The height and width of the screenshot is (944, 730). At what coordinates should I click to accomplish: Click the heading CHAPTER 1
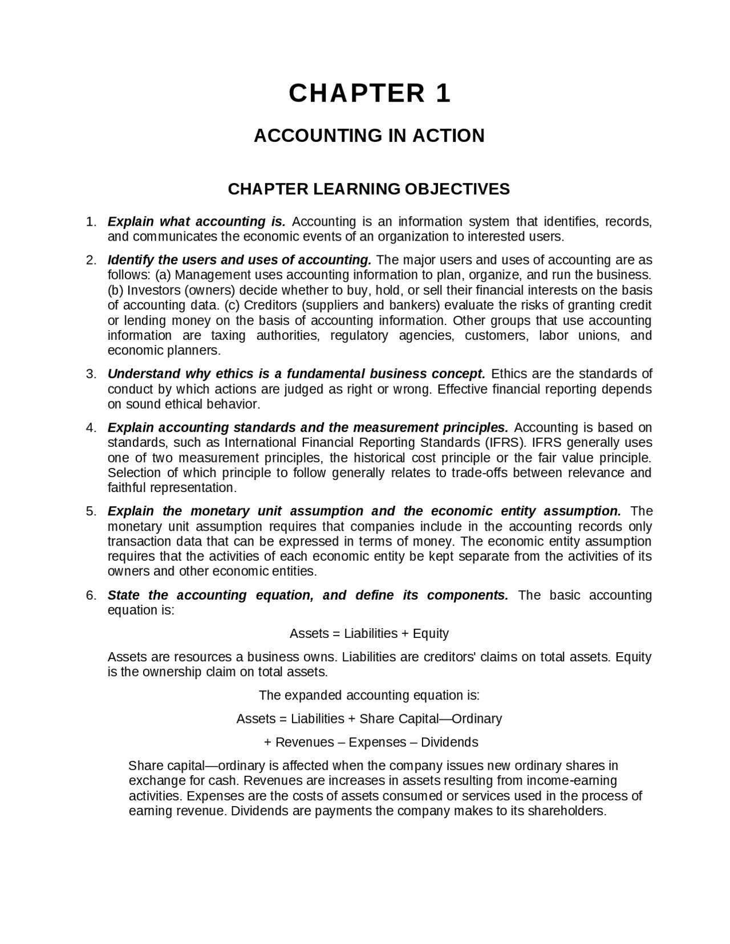[369, 93]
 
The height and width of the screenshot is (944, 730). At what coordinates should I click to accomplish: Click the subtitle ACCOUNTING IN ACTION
[369, 136]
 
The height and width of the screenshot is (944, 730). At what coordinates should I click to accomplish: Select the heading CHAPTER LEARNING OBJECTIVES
[368, 189]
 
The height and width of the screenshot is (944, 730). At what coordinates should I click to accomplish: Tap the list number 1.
[91, 222]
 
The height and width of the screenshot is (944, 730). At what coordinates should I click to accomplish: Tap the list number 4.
[91, 428]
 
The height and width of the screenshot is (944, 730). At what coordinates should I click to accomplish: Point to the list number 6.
[91, 595]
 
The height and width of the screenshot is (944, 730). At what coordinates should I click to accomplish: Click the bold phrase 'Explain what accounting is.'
[196, 222]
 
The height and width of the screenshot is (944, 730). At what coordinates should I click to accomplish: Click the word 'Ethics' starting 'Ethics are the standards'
[509, 374]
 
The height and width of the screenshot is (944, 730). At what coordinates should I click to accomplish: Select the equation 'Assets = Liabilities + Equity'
[369, 633]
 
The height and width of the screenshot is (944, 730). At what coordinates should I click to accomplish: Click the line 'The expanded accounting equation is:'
[369, 695]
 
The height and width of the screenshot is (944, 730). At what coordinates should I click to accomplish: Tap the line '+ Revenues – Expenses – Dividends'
[371, 742]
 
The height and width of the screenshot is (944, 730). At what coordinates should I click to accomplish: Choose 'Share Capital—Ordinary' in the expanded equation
[431, 719]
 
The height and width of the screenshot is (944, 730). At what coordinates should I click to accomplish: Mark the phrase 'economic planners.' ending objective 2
[164, 351]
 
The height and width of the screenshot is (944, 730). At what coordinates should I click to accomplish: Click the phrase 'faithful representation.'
[172, 488]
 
